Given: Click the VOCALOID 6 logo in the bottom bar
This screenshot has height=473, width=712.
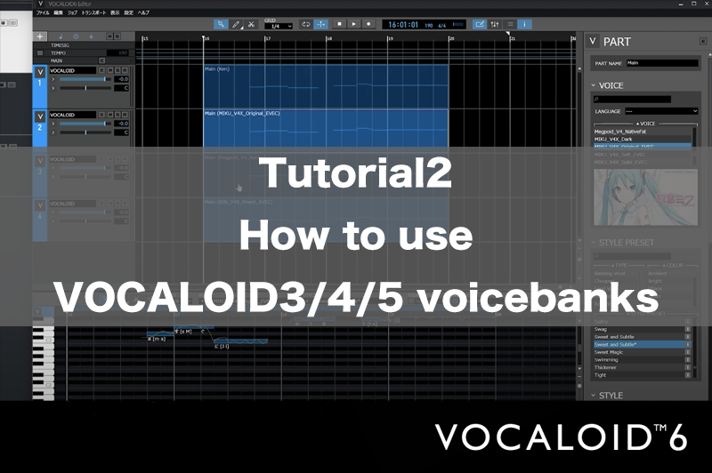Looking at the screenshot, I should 561,437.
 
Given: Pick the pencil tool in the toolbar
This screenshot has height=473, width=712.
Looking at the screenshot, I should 236,24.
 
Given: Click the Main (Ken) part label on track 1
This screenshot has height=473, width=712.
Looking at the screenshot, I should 218,68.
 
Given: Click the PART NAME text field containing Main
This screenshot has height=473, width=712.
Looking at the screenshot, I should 661,63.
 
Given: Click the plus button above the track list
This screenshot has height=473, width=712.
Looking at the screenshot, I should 40,36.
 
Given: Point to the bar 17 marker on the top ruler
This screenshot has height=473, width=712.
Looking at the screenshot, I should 267,38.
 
